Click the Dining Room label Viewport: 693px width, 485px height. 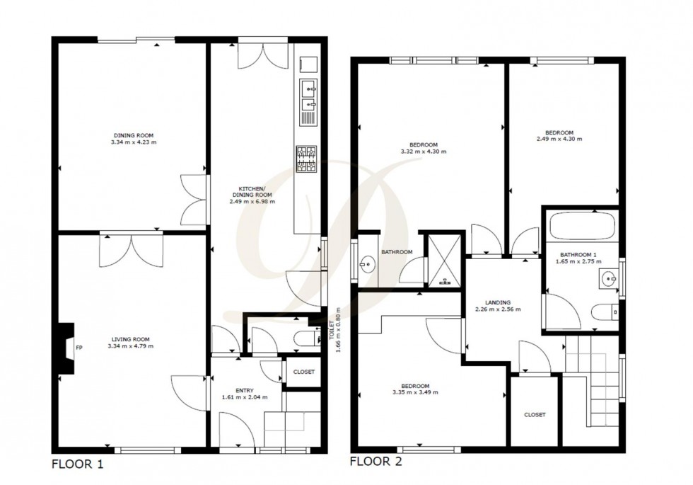(134, 135)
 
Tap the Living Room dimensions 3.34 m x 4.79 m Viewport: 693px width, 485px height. (130, 346)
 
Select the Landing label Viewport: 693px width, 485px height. (488, 302)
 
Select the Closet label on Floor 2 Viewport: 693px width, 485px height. (535, 415)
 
